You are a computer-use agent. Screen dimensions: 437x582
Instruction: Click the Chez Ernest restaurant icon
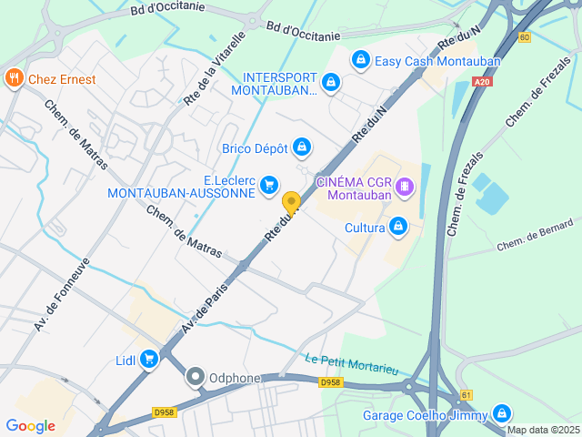click(14, 79)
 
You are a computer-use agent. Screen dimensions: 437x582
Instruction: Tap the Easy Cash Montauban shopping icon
click(361, 61)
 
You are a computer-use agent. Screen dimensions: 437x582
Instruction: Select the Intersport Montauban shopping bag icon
click(331, 83)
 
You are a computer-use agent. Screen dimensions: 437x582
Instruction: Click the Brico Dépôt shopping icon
click(302, 147)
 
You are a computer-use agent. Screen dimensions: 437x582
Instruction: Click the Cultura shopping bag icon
click(397, 227)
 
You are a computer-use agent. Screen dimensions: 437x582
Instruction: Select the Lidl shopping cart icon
click(149, 361)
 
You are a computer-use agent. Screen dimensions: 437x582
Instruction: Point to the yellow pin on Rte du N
click(291, 202)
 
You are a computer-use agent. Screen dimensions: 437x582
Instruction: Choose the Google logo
click(30, 425)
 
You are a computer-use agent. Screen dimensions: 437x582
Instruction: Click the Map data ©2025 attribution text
click(543, 430)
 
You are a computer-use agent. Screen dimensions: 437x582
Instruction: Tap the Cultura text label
click(366, 228)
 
